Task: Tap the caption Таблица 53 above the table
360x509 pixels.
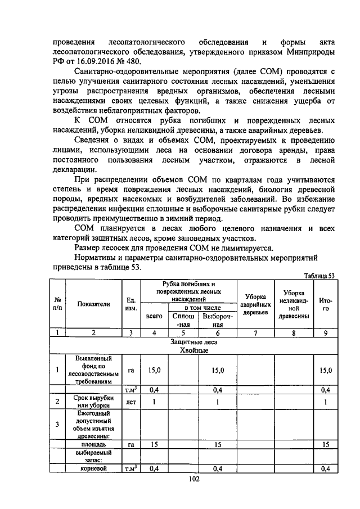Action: (319, 276)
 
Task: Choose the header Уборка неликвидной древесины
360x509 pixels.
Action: (294, 304)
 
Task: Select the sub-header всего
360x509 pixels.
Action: (154, 316)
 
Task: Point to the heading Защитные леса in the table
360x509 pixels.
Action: (194, 341)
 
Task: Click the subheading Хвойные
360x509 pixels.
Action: (194, 350)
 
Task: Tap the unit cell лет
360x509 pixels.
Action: (130, 402)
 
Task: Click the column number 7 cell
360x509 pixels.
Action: (256, 332)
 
